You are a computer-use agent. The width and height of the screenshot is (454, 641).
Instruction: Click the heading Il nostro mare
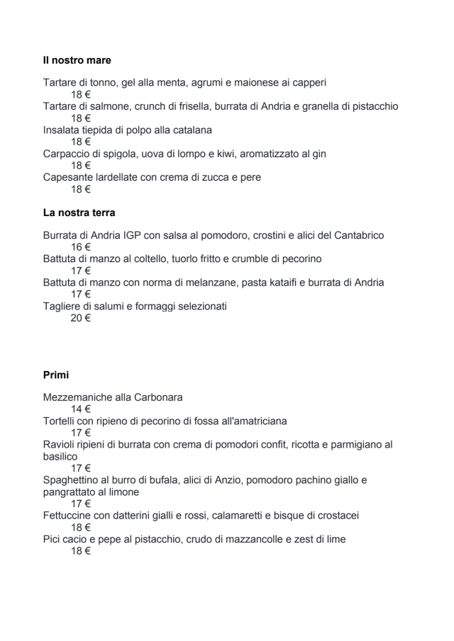pos(77,60)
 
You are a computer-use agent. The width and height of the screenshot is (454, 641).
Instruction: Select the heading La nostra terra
pos(79,212)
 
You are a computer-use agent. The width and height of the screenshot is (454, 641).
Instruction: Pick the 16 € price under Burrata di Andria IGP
pos(80,247)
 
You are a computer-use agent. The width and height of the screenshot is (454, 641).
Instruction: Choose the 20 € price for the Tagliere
pos(80,318)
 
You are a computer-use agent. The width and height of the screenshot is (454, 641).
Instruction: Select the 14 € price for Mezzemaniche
pos(80,409)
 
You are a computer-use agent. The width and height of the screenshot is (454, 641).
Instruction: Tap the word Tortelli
pos(62,421)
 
